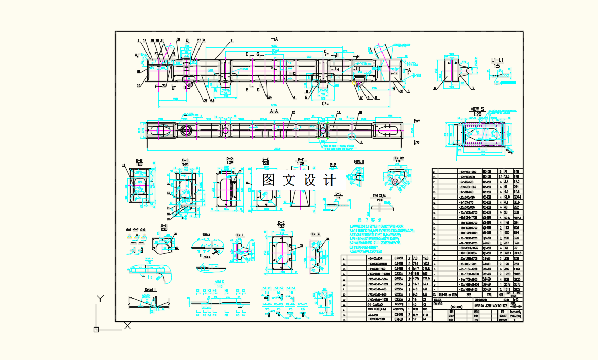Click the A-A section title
(x=274, y=110)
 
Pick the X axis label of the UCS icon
(x=127, y=325)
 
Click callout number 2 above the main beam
(x=232, y=40)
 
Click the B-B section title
(x=139, y=160)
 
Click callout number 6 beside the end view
(x=435, y=88)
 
